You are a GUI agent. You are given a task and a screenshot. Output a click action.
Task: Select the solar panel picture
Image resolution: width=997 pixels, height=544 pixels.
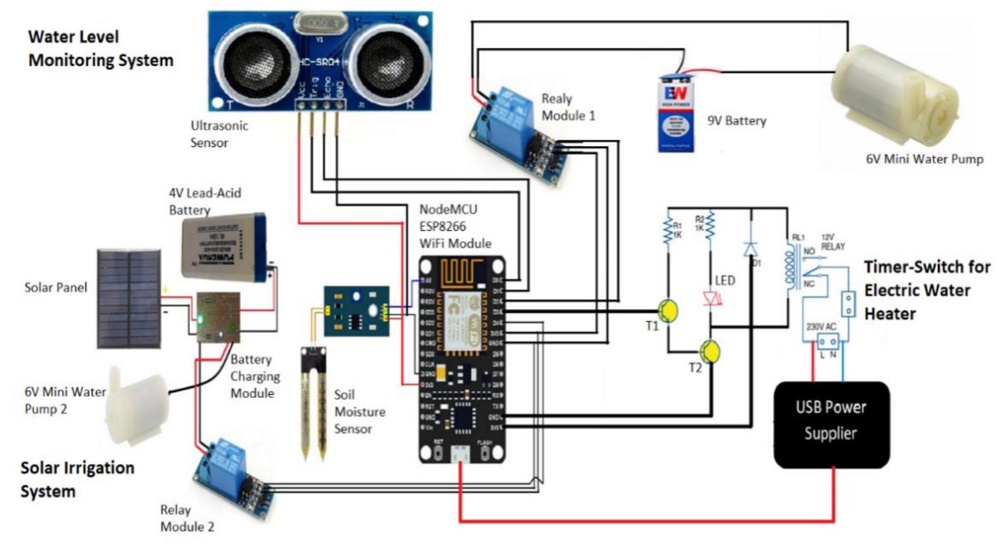tap(129, 299)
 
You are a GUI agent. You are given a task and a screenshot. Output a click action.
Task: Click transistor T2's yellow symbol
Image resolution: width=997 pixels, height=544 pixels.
tap(710, 352)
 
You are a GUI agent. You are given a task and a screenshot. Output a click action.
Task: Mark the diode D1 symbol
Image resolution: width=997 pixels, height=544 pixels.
tap(750, 248)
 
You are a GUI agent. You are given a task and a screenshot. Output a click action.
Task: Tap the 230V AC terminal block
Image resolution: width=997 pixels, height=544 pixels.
tap(827, 343)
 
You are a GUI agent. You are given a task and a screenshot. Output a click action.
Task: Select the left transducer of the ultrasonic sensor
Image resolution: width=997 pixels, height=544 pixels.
tap(256, 61)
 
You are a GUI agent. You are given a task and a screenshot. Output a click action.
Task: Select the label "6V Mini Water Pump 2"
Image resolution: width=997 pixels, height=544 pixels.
tap(65, 400)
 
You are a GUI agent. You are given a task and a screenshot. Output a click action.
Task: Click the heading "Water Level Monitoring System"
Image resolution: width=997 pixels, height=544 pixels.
tap(100, 48)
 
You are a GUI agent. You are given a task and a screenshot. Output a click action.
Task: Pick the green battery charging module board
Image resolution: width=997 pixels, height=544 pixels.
tap(218, 317)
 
